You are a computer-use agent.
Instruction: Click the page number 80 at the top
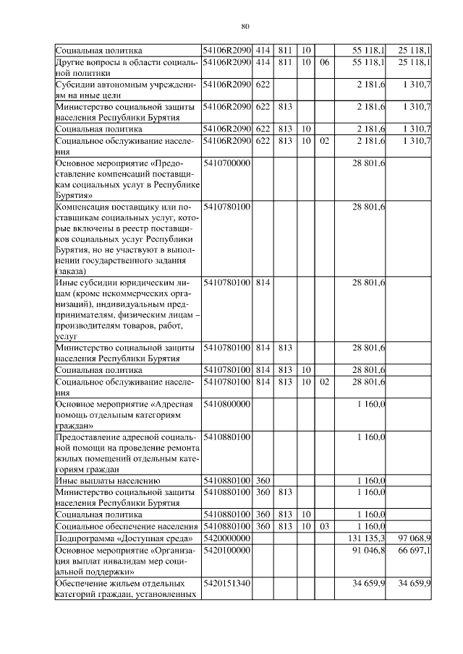coord(245,26)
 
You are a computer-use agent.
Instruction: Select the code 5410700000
coord(226,164)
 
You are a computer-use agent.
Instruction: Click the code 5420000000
coord(226,538)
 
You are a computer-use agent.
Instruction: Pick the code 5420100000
coord(226,551)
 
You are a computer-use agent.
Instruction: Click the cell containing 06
coord(324,63)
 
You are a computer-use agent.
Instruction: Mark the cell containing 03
coord(324,526)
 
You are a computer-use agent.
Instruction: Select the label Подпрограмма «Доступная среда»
coord(124,538)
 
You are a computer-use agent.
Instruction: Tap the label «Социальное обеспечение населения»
coord(126,526)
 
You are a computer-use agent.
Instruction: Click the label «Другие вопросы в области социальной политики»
coord(126,68)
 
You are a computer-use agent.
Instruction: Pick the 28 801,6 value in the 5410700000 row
coord(370,164)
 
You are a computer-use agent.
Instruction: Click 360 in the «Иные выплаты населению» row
coord(263,481)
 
